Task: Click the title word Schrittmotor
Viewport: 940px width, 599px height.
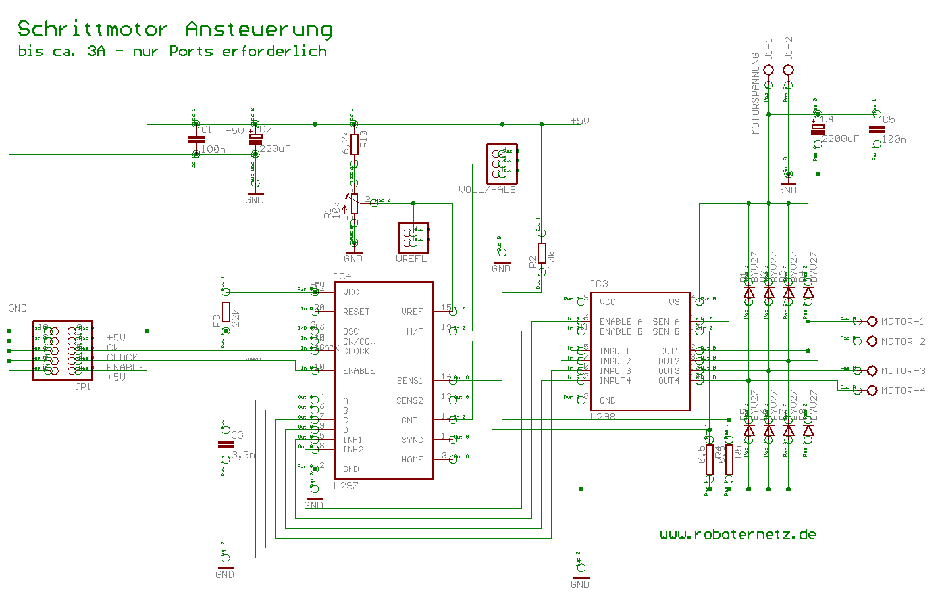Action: coord(93,30)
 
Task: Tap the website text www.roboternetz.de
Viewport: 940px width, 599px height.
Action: coord(738,535)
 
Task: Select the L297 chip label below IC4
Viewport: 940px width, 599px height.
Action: coord(346,486)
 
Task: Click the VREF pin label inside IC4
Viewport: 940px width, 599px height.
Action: coord(412,312)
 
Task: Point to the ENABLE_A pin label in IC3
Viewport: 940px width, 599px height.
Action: coord(621,322)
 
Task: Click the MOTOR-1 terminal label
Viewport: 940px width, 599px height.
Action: coord(902,322)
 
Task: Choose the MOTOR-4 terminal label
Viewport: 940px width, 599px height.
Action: coord(902,391)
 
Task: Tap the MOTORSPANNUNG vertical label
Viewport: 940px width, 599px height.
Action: coord(756,93)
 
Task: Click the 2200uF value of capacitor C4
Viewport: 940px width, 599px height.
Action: coord(841,139)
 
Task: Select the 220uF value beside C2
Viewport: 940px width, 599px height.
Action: coord(274,149)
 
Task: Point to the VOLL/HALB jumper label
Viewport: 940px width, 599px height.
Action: coord(487,189)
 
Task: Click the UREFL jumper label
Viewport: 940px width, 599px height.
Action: coord(411,259)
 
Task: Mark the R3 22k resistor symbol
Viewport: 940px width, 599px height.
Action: coord(226,312)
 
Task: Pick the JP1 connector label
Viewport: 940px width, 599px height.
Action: coord(82,387)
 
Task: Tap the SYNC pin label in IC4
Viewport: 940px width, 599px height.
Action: coord(412,440)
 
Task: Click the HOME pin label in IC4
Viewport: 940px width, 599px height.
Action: coord(412,460)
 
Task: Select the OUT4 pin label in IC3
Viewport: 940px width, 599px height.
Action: coord(669,381)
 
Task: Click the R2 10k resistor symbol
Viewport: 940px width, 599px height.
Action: coord(542,253)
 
